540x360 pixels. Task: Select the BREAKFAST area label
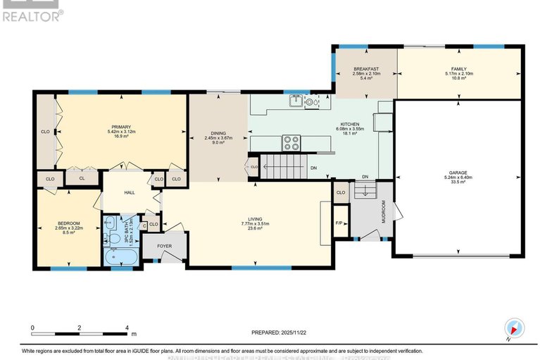point(366,69)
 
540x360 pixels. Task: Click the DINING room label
point(218,134)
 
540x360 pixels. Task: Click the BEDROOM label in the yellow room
point(70,224)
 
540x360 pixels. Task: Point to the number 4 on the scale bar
point(127,328)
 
